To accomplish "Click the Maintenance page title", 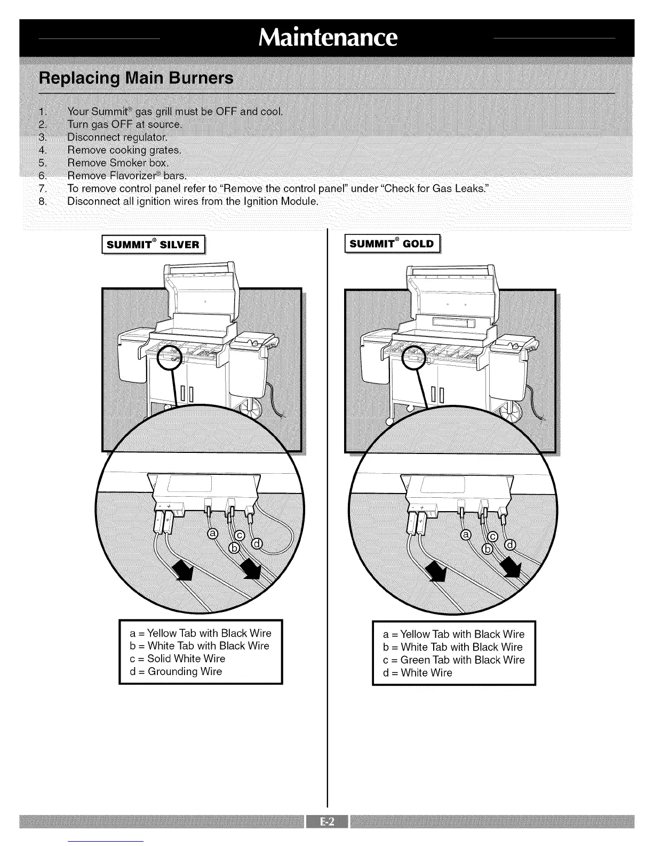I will tap(328, 37).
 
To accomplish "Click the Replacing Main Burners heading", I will tap(136, 78).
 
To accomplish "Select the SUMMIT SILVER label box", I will tap(153, 245).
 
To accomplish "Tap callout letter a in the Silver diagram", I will tap(212, 534).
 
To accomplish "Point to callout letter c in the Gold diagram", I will tap(493, 536).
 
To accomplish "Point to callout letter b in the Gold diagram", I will tap(487, 550).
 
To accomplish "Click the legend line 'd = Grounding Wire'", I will tap(176, 671).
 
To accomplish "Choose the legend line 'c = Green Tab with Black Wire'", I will tap(454, 660).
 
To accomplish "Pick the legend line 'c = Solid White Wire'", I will tap(178, 659).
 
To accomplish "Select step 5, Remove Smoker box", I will tap(117, 162).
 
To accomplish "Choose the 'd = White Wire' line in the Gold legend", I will tap(418, 672).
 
